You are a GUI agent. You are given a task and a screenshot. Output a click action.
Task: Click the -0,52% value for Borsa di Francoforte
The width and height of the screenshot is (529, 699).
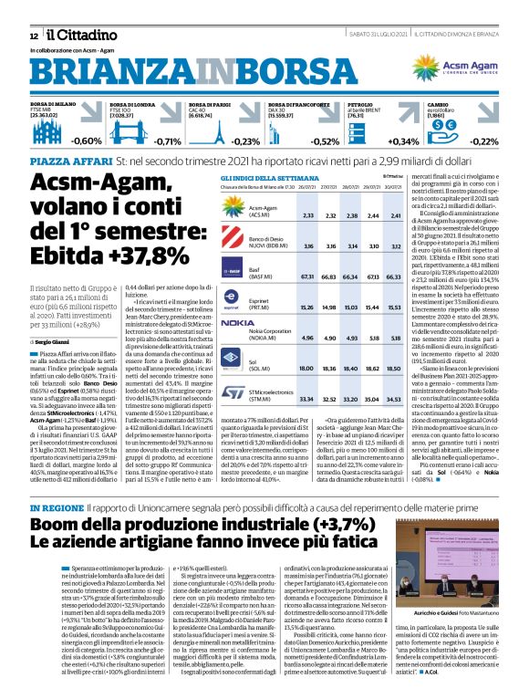click(325, 141)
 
